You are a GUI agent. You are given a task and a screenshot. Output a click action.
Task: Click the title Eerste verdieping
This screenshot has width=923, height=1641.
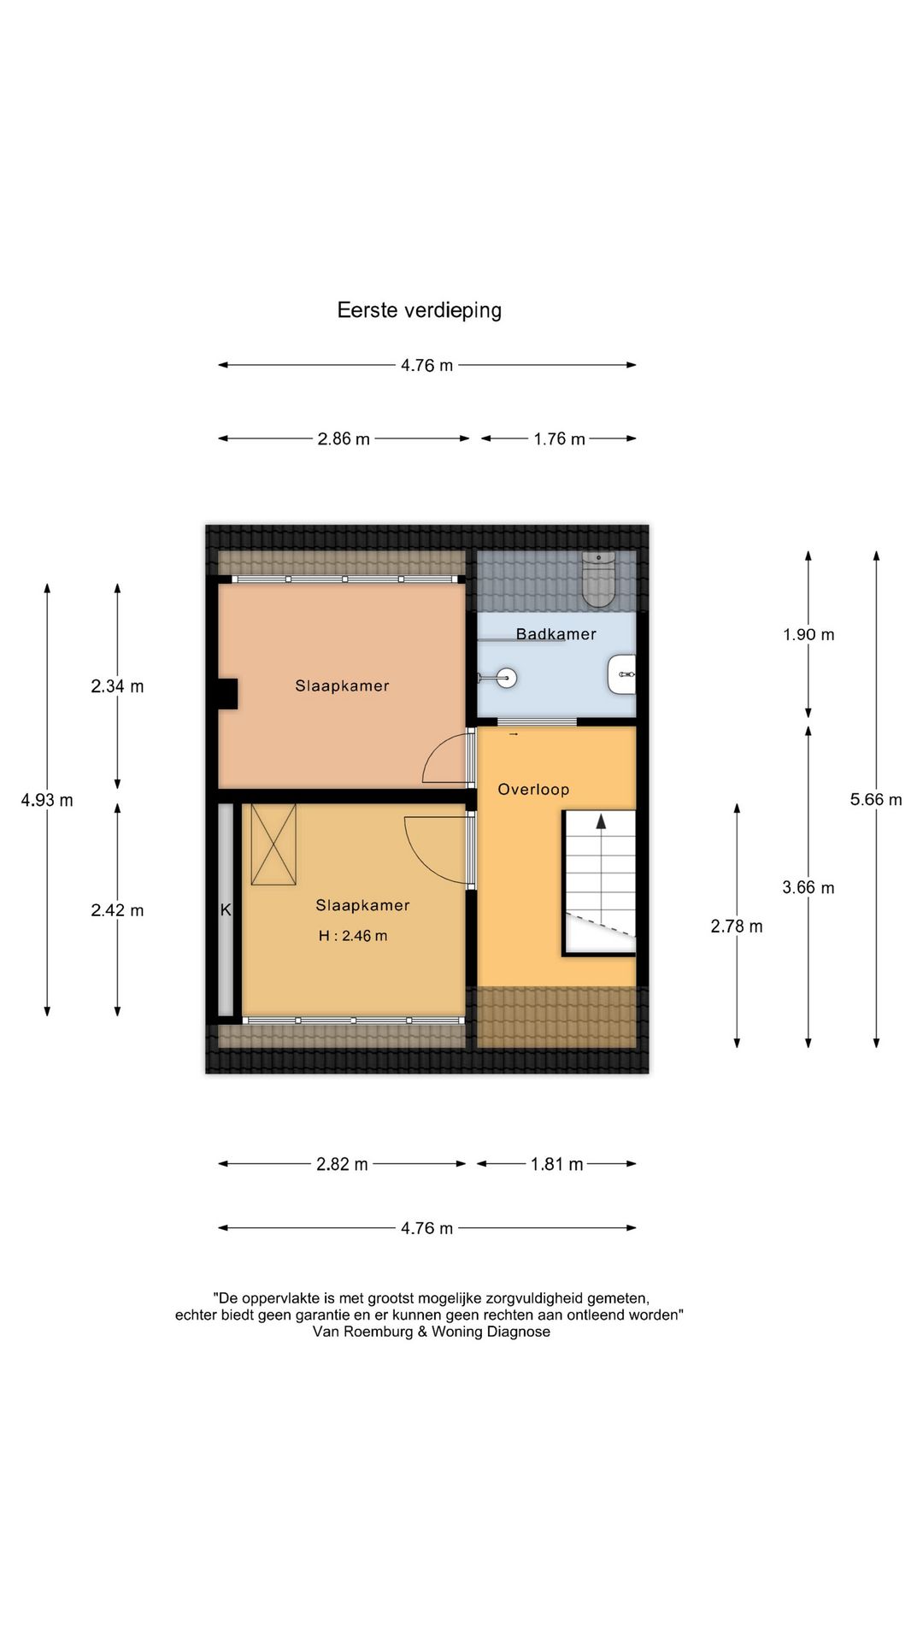point(419,310)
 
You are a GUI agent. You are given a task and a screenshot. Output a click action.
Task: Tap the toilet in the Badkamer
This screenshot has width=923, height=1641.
point(598,579)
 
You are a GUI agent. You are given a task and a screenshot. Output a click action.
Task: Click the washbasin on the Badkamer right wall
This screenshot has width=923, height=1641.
point(622,674)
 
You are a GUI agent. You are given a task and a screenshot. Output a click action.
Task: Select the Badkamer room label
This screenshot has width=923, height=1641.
point(556,634)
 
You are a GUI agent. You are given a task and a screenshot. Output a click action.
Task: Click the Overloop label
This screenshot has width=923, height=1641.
point(533,790)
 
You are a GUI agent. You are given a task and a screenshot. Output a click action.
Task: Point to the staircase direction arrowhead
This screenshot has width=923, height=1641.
point(601,821)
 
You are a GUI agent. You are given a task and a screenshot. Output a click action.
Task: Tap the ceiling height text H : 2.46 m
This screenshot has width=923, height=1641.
point(353,936)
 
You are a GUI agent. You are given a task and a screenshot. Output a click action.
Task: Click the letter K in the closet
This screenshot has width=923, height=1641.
point(226,910)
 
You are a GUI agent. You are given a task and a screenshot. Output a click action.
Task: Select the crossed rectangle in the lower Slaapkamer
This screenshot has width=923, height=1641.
point(273,844)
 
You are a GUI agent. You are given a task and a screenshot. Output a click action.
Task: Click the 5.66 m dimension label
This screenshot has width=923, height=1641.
point(876,800)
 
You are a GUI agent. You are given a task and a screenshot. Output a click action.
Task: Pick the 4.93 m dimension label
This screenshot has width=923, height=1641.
point(47,800)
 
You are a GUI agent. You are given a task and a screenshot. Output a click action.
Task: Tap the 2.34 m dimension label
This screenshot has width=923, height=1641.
point(117,686)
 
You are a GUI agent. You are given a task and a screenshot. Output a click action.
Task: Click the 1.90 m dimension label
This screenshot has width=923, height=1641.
point(808,635)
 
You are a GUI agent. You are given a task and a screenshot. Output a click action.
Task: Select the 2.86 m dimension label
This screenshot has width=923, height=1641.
point(344,439)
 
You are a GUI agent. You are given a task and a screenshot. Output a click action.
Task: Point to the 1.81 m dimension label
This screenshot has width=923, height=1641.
point(556,1164)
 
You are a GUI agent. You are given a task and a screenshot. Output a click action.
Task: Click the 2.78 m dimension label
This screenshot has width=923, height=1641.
point(737,926)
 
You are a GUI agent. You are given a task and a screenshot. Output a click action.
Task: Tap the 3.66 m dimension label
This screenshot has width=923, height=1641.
point(808,888)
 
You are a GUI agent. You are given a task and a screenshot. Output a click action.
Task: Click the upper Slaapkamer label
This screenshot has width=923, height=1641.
point(342,685)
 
